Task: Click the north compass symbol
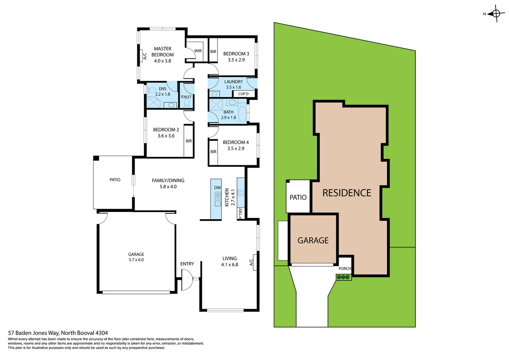496,14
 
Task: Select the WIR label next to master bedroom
198,51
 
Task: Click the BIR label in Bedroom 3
213,52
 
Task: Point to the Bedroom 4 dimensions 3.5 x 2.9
236,149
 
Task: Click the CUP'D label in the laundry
243,94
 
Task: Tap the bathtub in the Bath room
242,113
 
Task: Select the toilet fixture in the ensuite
152,90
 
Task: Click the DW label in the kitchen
217,188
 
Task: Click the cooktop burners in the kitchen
241,192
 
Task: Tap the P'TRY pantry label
241,213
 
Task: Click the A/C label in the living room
252,262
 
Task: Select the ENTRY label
187,264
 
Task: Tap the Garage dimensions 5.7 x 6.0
136,260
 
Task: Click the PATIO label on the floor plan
115,180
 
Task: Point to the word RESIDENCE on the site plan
347,193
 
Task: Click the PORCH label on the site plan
345,269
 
